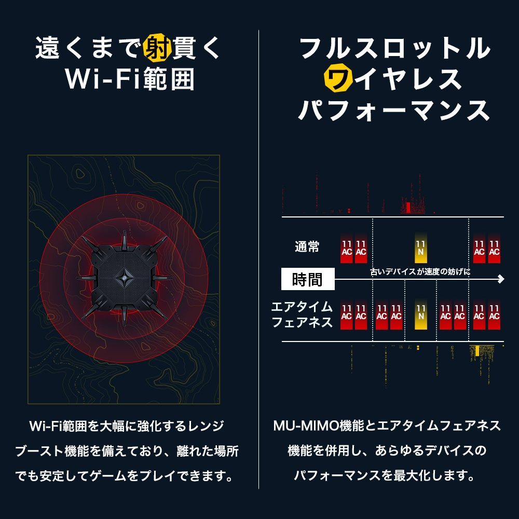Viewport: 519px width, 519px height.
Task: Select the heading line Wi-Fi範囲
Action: click(130, 79)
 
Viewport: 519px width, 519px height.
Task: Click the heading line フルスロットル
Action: click(395, 48)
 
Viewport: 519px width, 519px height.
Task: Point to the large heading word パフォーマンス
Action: click(395, 110)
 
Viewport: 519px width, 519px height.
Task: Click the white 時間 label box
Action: click(307, 280)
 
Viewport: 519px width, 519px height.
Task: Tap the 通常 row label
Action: click(307, 247)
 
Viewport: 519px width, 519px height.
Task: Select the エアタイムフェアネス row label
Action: click(302, 315)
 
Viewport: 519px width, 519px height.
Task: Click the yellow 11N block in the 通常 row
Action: click(421, 248)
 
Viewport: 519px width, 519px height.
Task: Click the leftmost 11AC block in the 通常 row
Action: click(347, 248)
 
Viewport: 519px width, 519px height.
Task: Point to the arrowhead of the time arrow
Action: click(500, 280)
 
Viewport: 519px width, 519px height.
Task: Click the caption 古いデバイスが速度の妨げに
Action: click(420, 271)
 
